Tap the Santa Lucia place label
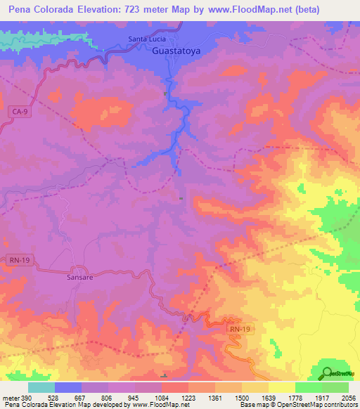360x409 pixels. (x=147, y=39)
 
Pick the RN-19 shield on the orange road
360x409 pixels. (x=238, y=328)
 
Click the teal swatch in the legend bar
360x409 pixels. (x=41, y=387)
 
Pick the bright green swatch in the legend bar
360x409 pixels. (x=308, y=387)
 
